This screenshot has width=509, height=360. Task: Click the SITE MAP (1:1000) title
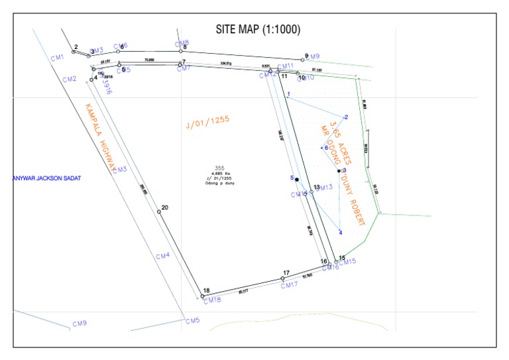point(258,30)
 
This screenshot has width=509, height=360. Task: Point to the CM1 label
point(58,58)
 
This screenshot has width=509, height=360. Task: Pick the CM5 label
point(192,321)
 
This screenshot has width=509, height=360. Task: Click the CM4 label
point(162,256)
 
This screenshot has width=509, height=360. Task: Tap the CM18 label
point(212,300)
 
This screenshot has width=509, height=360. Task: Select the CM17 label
point(289,286)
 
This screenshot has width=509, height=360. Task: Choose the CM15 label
point(348,262)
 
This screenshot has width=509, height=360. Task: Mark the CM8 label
point(182,42)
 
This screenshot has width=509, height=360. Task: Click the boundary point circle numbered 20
point(159,211)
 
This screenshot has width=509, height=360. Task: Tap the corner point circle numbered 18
point(202,296)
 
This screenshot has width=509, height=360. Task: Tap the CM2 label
point(70,80)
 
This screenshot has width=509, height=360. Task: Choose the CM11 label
point(285,66)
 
